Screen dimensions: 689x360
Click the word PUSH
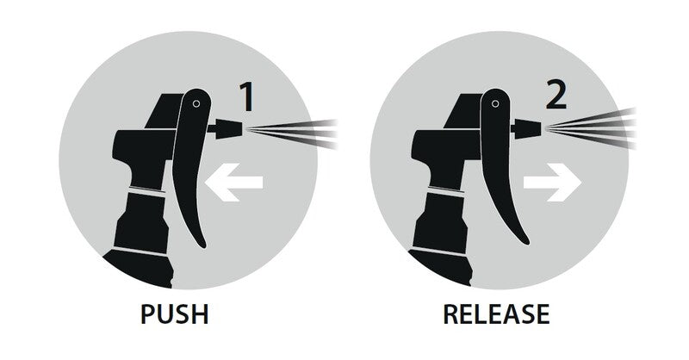click(x=175, y=313)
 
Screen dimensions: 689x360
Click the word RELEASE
click(x=496, y=313)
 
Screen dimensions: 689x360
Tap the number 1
click(x=247, y=96)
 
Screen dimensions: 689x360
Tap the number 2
click(x=556, y=94)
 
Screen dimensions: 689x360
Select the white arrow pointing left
click(x=233, y=182)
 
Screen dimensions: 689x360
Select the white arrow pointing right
click(x=553, y=182)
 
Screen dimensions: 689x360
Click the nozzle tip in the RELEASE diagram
click(x=527, y=128)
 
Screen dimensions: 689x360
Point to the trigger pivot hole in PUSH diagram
click(x=196, y=103)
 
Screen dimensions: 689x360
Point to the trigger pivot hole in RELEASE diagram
click(x=495, y=103)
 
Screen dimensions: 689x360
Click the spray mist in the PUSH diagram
click(x=292, y=133)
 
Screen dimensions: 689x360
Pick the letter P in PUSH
click(x=148, y=313)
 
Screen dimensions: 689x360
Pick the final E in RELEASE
click(x=542, y=313)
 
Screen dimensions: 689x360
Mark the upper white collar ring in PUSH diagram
click(x=146, y=191)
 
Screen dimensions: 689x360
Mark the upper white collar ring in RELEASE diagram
click(x=446, y=191)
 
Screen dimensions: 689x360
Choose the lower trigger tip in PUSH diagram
click(x=202, y=245)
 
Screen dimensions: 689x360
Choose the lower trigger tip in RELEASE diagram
click(x=525, y=242)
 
